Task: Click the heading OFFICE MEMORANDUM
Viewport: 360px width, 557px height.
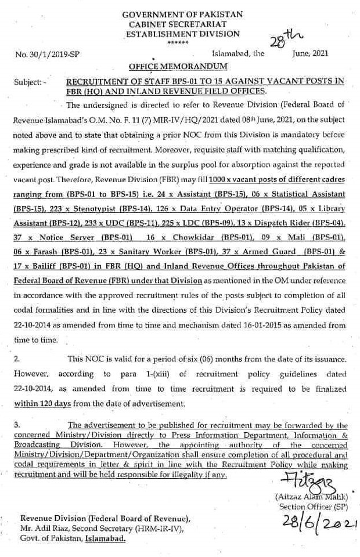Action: [182, 66]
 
